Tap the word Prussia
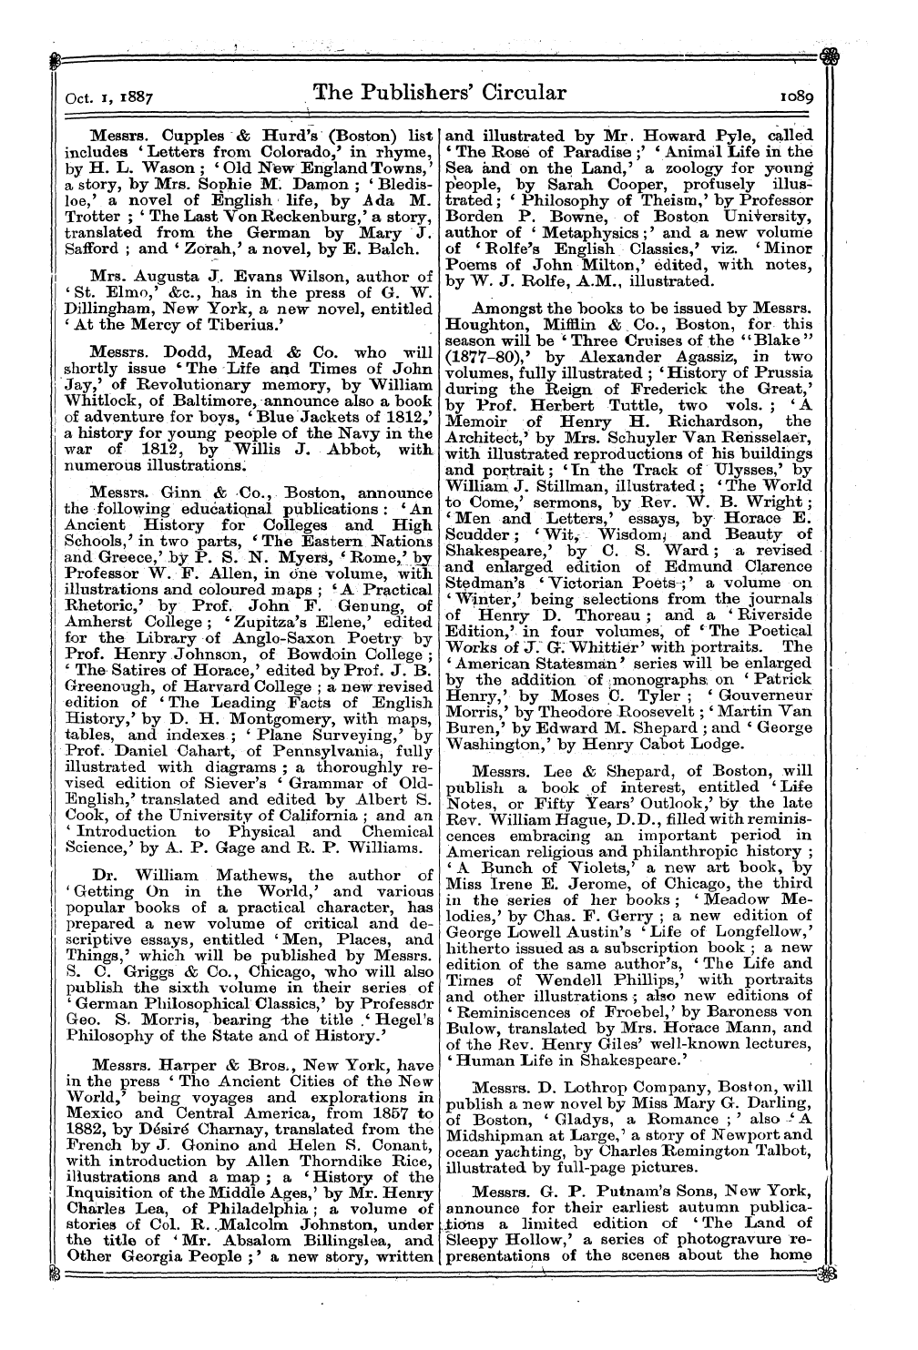(x=781, y=373)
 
